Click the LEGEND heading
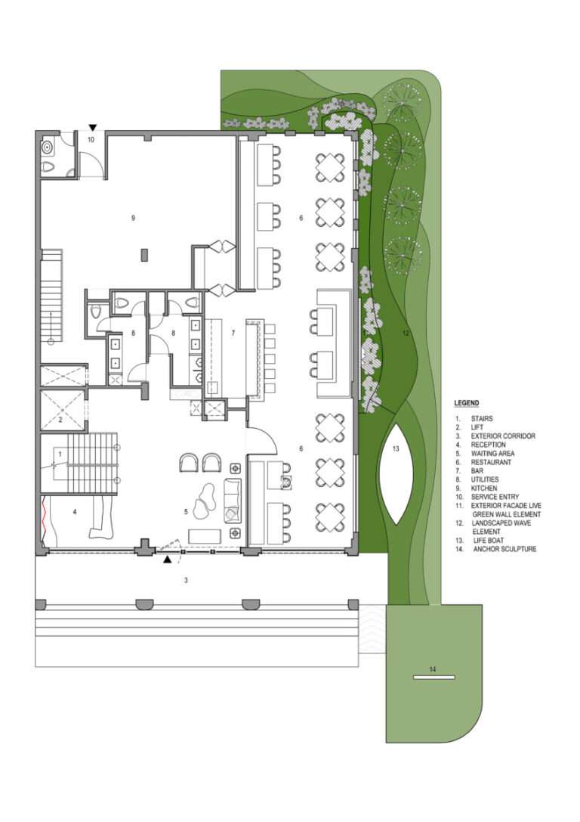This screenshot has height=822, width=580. [466, 403]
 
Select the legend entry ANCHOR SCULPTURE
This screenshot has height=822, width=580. [504, 549]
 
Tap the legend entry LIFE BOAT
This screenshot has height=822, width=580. [489, 540]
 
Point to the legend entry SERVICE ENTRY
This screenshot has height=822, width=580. [495, 496]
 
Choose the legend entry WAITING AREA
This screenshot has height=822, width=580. [492, 453]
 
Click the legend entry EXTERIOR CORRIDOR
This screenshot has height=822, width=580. [503, 436]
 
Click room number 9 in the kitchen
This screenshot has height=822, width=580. [133, 218]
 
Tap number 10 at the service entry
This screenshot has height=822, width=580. [91, 139]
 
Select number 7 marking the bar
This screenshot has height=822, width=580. [233, 333]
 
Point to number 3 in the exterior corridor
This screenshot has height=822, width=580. [186, 580]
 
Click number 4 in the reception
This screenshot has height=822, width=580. [75, 511]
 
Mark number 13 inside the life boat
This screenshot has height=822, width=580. [396, 448]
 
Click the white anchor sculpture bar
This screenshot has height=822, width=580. [433, 678]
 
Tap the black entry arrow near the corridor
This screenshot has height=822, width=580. [167, 560]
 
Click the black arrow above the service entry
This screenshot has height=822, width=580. [93, 127]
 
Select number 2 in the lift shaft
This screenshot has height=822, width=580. [60, 420]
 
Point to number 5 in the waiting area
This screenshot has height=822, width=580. [186, 512]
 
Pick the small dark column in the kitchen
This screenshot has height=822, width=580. [144, 256]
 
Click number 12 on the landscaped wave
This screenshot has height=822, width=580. [405, 333]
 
